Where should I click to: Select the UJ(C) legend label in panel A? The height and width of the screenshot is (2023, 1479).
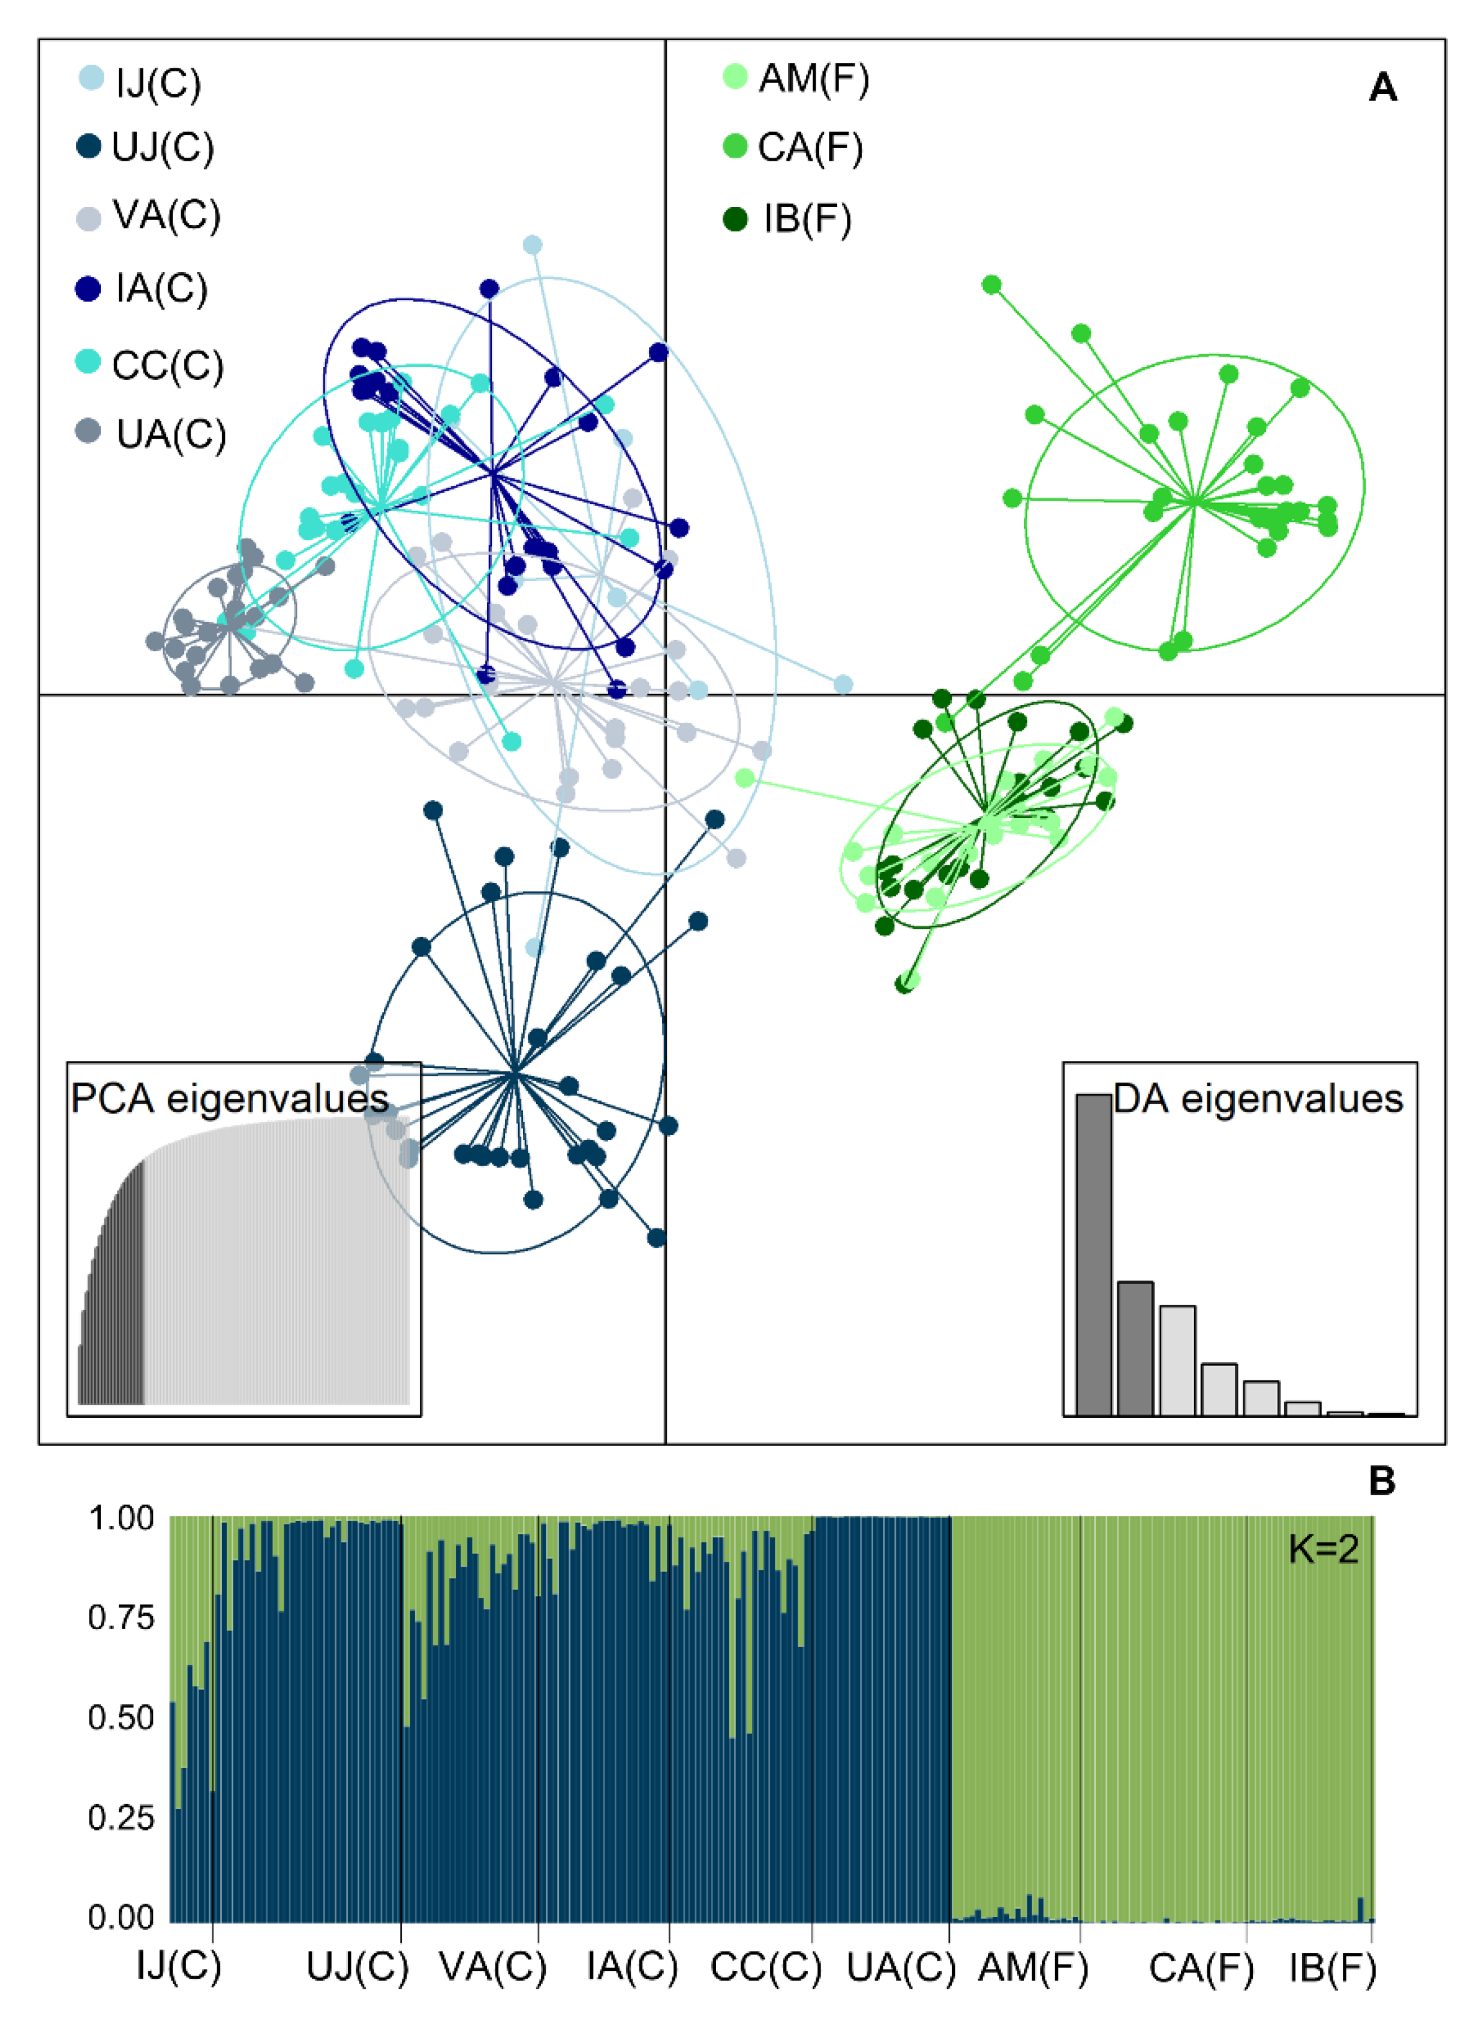click(163, 147)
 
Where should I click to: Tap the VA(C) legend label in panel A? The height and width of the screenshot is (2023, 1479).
click(167, 216)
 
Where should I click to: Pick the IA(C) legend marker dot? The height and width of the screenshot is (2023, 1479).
click(88, 288)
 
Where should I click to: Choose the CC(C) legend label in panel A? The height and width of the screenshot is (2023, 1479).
click(167, 365)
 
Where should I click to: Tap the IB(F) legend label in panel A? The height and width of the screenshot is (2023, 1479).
click(807, 219)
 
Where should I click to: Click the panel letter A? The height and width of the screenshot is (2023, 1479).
click(1382, 88)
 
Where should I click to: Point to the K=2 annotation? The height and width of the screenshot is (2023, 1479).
click(1322, 1549)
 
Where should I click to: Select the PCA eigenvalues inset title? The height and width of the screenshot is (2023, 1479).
click(229, 1098)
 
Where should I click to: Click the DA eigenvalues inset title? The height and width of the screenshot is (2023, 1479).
click(1257, 1098)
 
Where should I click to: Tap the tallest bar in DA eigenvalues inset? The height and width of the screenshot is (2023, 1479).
click(1093, 1253)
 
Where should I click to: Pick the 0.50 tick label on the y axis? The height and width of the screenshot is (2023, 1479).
click(121, 1718)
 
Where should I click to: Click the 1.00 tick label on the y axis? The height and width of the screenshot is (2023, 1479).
click(121, 1518)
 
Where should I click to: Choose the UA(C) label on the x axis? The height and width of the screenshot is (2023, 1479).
click(901, 1967)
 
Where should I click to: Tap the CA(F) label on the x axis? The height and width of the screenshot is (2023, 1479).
click(1201, 1967)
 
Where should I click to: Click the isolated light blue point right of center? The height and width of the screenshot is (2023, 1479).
click(843, 685)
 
